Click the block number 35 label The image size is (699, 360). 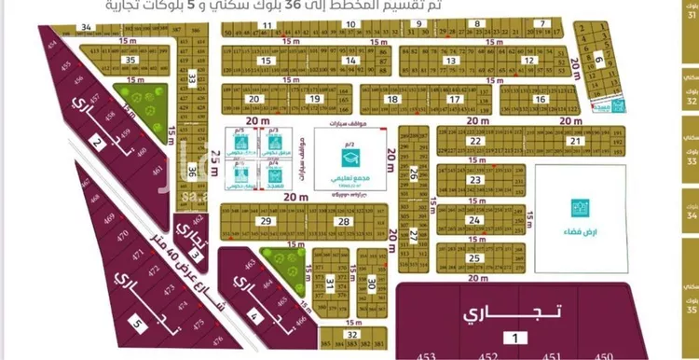(131, 60)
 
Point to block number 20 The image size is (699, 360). (253, 98)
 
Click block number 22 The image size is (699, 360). (476, 141)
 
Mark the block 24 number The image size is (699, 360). (475, 220)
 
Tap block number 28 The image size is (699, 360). (343, 221)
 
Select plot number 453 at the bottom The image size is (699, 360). (426, 354)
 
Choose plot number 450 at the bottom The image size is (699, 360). (604, 354)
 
